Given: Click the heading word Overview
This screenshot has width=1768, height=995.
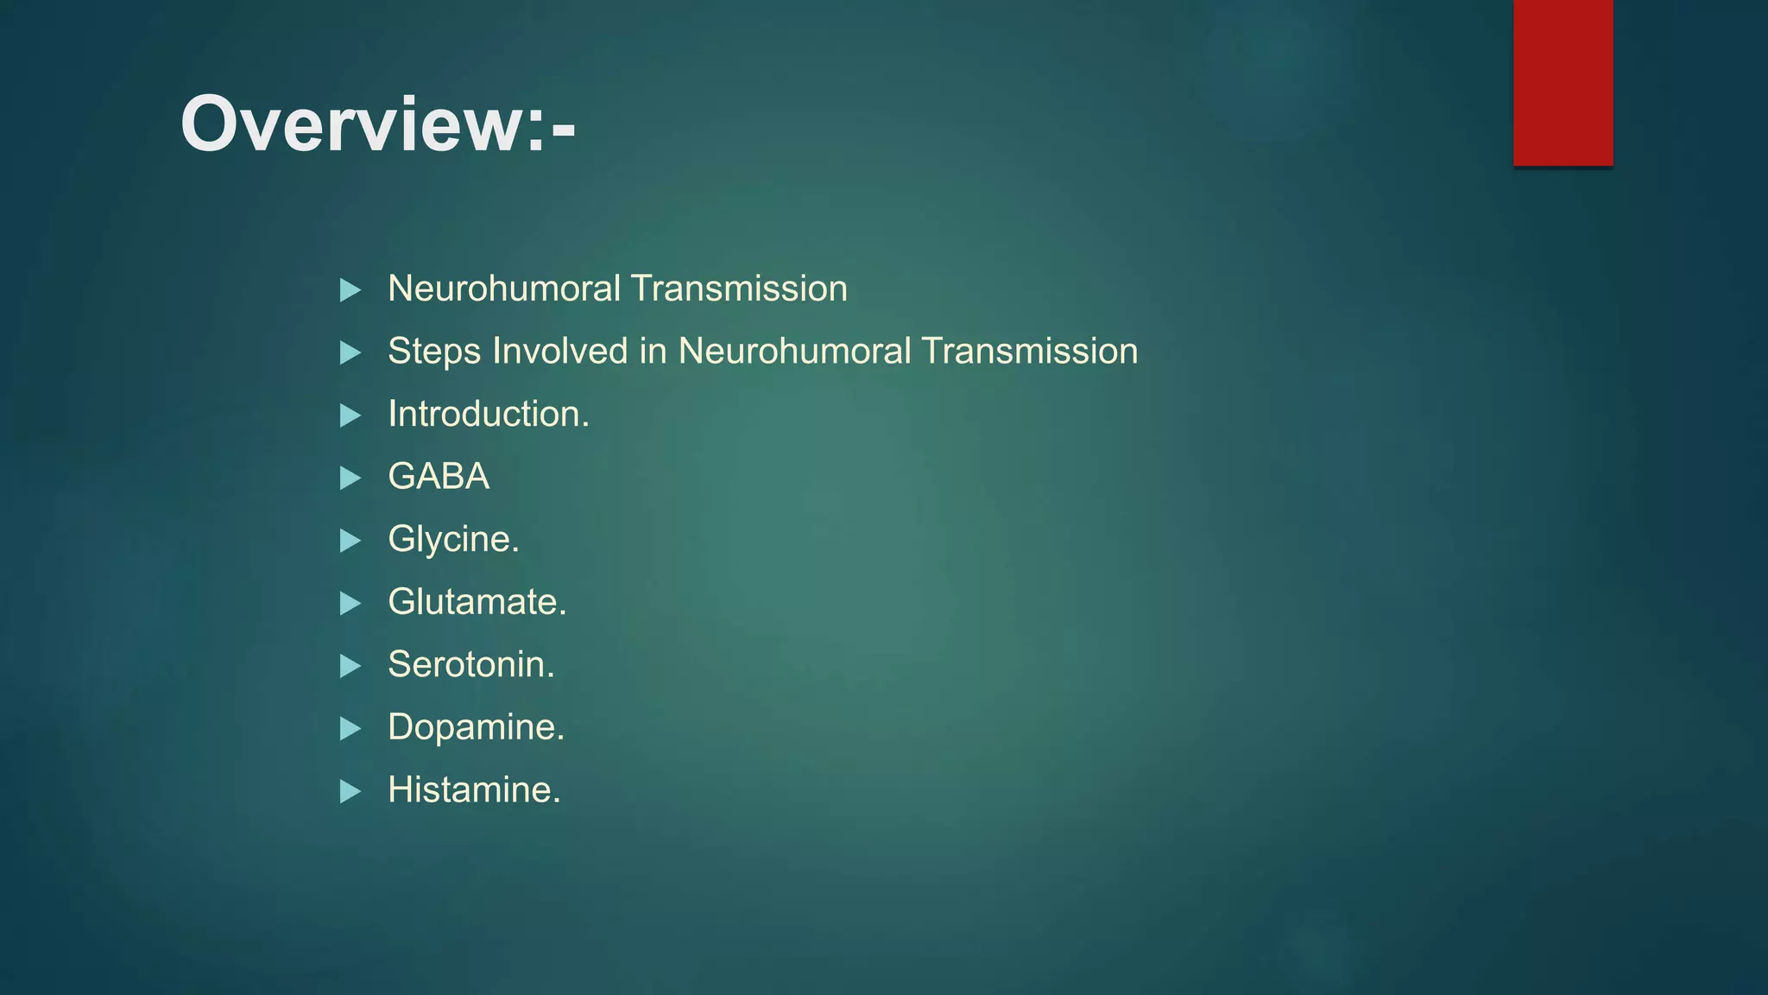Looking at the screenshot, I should click(363, 124).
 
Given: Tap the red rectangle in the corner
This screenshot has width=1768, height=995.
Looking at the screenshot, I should click(1563, 82).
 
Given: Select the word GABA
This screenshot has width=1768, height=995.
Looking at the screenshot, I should click(439, 477).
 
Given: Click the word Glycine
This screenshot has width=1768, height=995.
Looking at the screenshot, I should click(453, 540).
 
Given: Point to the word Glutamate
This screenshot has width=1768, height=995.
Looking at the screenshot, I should click(477, 602).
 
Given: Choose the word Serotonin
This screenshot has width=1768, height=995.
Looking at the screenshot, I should click(470, 665).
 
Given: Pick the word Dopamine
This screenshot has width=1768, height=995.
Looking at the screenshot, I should click(476, 727).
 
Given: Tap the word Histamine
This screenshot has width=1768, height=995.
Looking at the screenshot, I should click(474, 790).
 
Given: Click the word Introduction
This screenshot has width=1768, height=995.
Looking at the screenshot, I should click(488, 415).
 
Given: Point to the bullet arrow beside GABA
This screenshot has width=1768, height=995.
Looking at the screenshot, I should click(350, 478).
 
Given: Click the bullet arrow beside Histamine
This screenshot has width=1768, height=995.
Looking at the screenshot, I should click(350, 791).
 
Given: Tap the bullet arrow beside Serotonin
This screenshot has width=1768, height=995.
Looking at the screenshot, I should click(350, 666).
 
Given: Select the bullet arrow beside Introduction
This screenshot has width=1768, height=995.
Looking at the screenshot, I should click(350, 415).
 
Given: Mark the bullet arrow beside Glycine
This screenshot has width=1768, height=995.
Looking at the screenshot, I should click(350, 541).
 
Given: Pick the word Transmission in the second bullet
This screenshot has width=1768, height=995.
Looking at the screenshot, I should click(1029, 352).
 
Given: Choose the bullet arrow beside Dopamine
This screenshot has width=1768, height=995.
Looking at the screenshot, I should click(350, 729).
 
